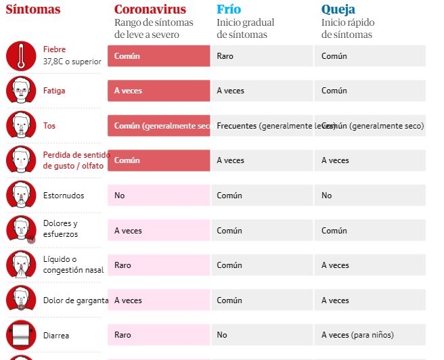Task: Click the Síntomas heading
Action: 33,9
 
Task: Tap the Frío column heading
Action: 229,9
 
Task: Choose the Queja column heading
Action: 338,9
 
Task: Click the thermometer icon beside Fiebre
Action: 21,55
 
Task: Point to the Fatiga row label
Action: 54,91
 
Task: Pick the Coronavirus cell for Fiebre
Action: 158,56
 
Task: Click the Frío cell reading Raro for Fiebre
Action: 261,56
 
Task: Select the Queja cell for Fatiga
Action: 370,91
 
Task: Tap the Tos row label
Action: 49,125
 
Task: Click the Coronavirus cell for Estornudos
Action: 158,196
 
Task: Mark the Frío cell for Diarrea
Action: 261,335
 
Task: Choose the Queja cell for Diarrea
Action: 370,335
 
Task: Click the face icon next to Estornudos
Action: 21,195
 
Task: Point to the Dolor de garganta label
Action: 76,300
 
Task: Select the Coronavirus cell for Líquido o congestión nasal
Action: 158,265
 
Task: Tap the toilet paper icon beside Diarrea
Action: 21,334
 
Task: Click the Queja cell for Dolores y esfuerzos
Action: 370,231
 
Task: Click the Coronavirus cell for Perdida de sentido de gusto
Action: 158,160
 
